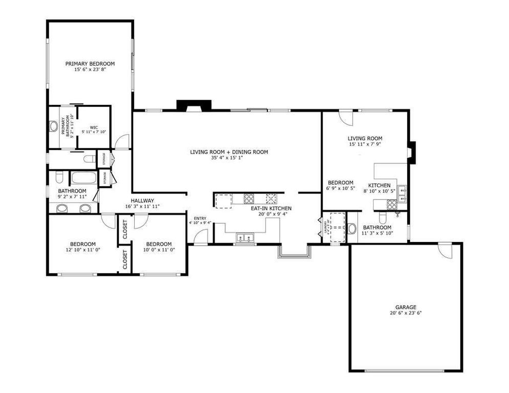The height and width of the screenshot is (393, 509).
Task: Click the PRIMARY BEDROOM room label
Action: pyautogui.click(x=90, y=64)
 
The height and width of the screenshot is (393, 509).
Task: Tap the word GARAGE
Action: pyautogui.click(x=405, y=307)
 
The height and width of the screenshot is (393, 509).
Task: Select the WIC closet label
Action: pyautogui.click(x=94, y=127)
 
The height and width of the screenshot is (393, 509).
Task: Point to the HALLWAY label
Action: pyautogui.click(x=142, y=201)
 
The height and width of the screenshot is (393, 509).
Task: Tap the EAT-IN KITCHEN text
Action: pyautogui.click(x=271, y=208)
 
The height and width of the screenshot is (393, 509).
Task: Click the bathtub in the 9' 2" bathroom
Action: pyautogui.click(x=82, y=179)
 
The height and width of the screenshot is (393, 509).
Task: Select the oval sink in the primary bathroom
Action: pyautogui.click(x=54, y=126)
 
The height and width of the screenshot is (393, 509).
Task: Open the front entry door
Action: pyautogui.click(x=201, y=236)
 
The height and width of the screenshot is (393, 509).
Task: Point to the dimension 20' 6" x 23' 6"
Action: pyautogui.click(x=405, y=313)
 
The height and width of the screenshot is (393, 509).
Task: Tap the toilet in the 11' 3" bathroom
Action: pyautogui.click(x=353, y=228)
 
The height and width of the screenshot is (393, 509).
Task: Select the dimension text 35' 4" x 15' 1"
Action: pyautogui.click(x=229, y=158)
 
